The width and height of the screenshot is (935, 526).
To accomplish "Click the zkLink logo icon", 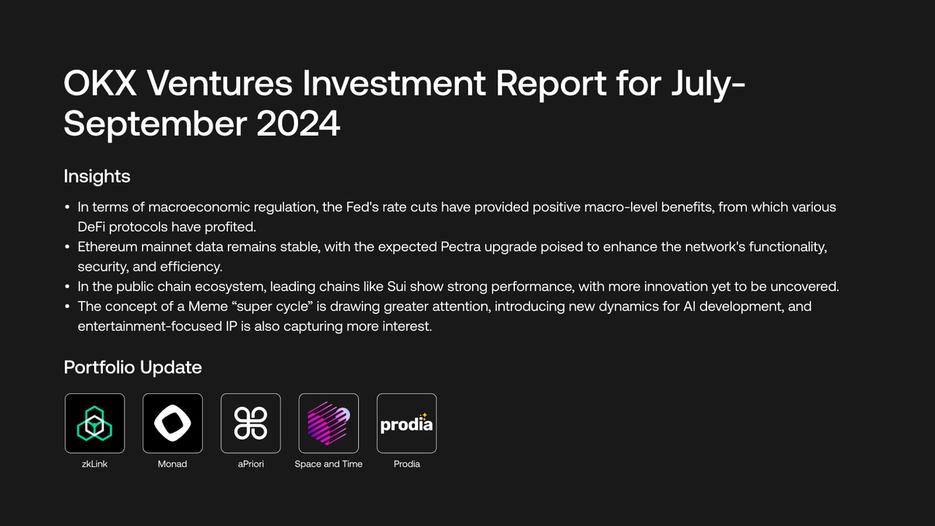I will coord(94,423).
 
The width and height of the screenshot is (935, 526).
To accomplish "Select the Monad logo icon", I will coord(172,423).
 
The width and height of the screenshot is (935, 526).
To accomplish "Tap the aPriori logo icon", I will coord(251,423).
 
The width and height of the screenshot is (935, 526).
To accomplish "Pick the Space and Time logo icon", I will coord(329,423).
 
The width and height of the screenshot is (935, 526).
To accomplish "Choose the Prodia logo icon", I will coord(407,423).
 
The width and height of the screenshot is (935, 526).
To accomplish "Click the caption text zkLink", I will coord(94,464).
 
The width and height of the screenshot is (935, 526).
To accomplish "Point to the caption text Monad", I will coord(172,464).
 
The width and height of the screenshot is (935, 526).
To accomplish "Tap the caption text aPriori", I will coord(251,464).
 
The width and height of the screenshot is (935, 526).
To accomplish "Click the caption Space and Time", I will coord(329,464).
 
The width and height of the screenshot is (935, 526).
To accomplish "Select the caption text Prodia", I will coord(407,464).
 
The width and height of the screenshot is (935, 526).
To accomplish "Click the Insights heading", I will coord(97,176).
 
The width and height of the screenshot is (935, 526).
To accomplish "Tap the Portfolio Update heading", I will coord(133,367).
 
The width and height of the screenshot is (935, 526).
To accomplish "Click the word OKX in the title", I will coord(99,85).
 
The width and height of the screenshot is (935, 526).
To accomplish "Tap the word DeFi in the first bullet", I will coord(93,226).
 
